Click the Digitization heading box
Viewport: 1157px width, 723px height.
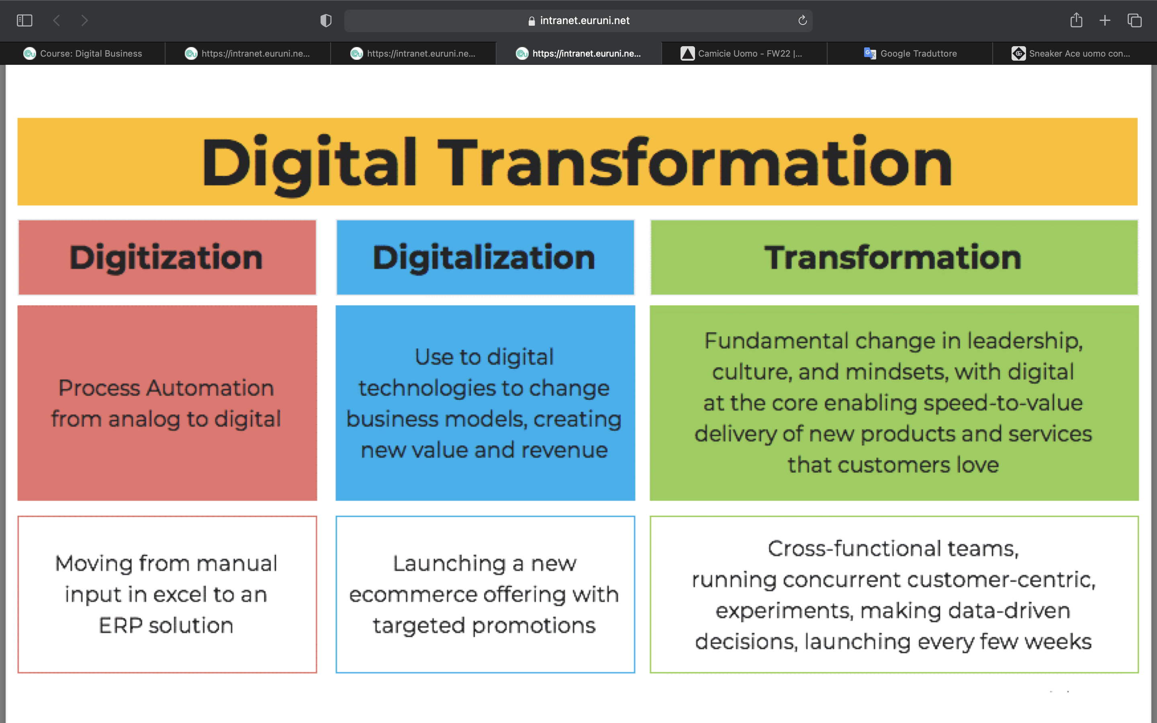click(x=167, y=257)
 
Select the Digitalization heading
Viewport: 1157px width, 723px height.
click(x=485, y=257)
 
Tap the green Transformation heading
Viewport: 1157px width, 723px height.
click(x=893, y=257)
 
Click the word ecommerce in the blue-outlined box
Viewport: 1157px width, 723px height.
click(x=413, y=595)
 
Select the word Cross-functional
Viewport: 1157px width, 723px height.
click(x=854, y=548)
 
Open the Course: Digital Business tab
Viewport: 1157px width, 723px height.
click(x=83, y=53)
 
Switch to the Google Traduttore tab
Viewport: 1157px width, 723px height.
click(x=910, y=53)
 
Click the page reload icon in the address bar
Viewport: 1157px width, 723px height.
click(x=802, y=20)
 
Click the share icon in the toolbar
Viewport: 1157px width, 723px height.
click(x=1076, y=20)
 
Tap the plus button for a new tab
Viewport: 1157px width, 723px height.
click(x=1105, y=20)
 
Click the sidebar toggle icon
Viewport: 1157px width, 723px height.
click(x=25, y=20)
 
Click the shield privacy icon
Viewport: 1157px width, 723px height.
click(x=325, y=20)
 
